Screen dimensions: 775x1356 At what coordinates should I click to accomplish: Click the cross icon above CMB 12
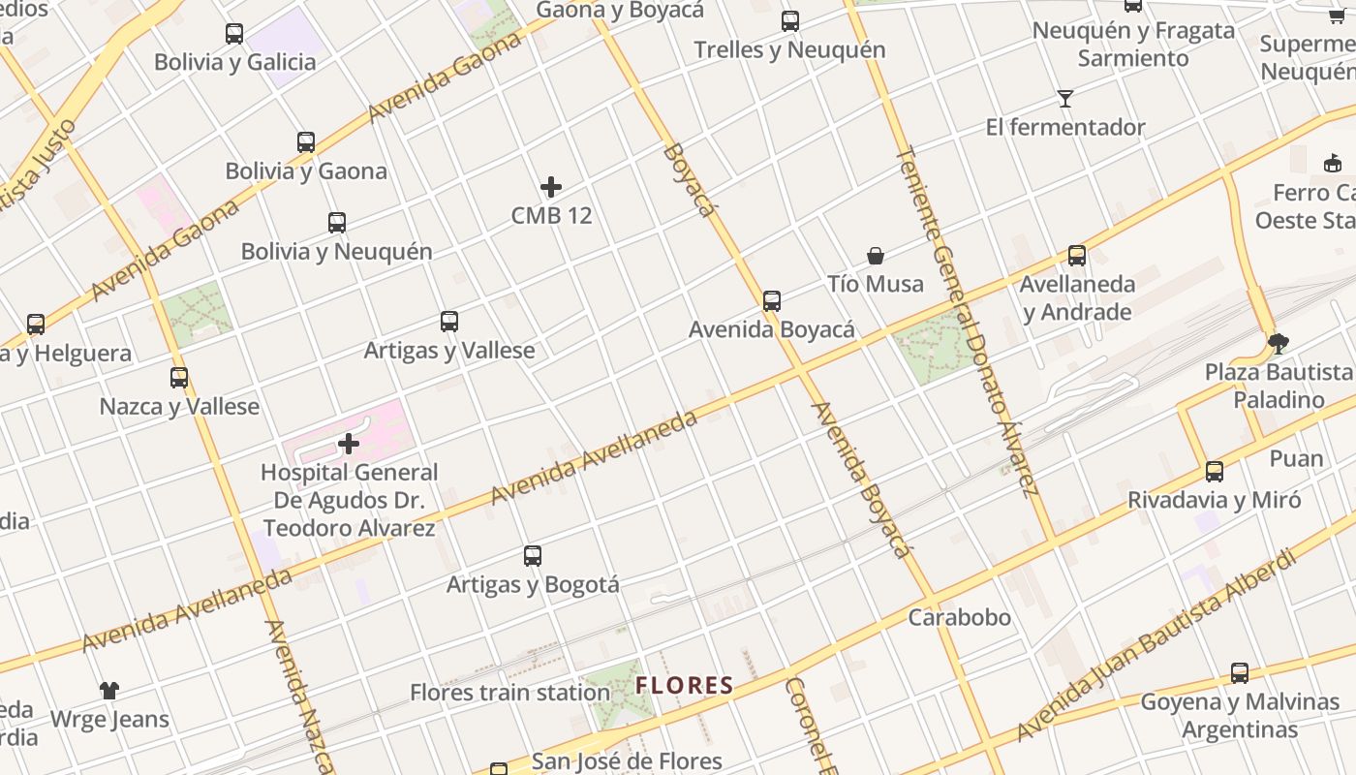(x=551, y=186)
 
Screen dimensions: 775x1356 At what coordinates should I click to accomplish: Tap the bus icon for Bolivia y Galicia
(x=234, y=34)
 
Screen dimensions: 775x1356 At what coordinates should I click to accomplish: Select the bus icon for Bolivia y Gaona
(x=306, y=142)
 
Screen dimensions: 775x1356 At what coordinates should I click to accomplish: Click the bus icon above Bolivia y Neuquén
(x=337, y=223)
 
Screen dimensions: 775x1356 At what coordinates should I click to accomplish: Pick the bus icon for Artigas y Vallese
(x=449, y=322)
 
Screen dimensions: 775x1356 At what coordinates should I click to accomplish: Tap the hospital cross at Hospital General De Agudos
(x=349, y=445)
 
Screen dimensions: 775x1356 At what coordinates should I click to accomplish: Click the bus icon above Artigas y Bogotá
(x=533, y=556)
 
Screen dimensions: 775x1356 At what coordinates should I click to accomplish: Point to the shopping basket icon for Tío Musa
(x=876, y=256)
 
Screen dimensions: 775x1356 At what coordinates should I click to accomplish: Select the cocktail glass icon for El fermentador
(x=1065, y=99)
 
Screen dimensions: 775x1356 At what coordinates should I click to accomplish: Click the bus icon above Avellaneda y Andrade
(x=1077, y=256)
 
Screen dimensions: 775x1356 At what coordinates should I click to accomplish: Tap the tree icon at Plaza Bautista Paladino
(x=1279, y=343)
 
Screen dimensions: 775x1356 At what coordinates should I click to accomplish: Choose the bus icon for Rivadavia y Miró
(x=1215, y=472)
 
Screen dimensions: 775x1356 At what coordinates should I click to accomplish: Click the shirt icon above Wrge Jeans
(x=109, y=691)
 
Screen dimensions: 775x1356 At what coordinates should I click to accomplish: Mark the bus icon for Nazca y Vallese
(x=179, y=378)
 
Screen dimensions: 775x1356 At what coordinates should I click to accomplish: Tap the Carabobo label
(x=959, y=617)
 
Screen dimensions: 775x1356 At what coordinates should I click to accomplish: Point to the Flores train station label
(x=509, y=693)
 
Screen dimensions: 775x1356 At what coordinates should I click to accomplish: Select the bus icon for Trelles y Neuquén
(x=790, y=21)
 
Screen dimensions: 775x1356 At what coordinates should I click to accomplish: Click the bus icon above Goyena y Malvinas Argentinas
(x=1240, y=673)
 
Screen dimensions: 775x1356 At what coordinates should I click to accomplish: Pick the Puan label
(x=1296, y=458)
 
